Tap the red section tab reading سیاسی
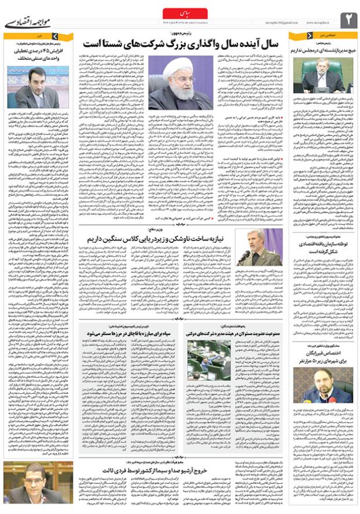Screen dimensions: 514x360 click(x=179, y=12)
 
